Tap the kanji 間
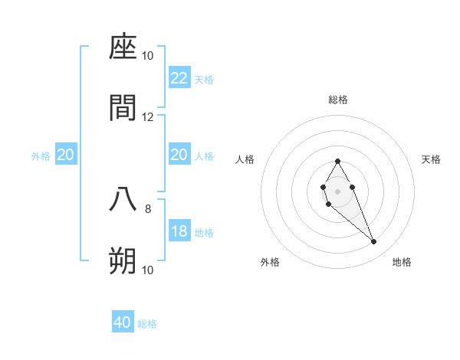point(123,108)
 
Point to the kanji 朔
point(123,261)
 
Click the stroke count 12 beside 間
point(148,116)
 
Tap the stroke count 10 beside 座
point(148,55)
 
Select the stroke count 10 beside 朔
point(148,270)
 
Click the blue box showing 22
point(179,78)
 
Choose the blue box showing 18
point(179,231)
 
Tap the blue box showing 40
point(123,322)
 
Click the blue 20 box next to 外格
point(66,155)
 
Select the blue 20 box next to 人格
point(179,155)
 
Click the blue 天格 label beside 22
point(204,79)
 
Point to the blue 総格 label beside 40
point(147,324)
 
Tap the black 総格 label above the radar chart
point(338,100)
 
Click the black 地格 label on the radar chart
point(402,263)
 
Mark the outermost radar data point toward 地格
point(374,242)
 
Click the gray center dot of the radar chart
point(337,190)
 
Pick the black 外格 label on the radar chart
point(270,263)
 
